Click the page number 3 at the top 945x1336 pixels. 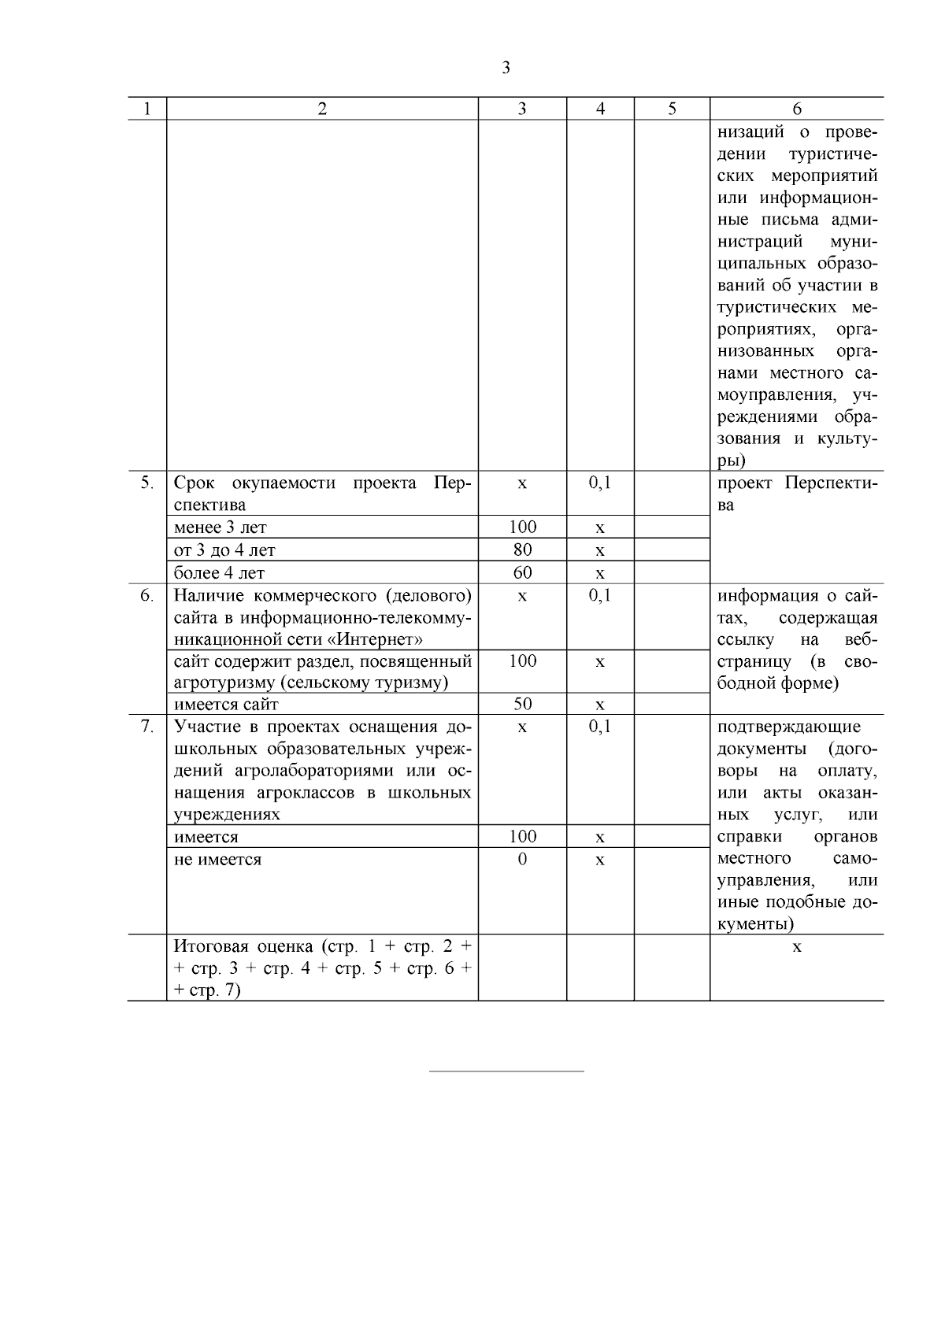(506, 68)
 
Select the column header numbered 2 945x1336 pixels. (322, 109)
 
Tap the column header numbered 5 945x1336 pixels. (672, 109)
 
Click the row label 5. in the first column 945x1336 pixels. (147, 483)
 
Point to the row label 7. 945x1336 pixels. (147, 726)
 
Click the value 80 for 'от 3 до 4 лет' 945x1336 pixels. (522, 550)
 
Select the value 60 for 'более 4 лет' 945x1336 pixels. (522, 572)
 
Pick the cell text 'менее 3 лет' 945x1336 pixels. (220, 527)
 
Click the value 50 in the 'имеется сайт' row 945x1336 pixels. (522, 704)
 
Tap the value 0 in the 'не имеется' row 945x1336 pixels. (522, 859)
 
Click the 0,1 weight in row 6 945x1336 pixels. (600, 595)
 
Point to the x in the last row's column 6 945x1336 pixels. (797, 946)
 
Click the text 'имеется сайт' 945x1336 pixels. (226, 704)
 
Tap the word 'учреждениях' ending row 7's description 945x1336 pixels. (227, 815)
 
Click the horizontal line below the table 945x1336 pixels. (506, 1071)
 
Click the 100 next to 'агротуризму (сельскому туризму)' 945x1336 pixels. (522, 661)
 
